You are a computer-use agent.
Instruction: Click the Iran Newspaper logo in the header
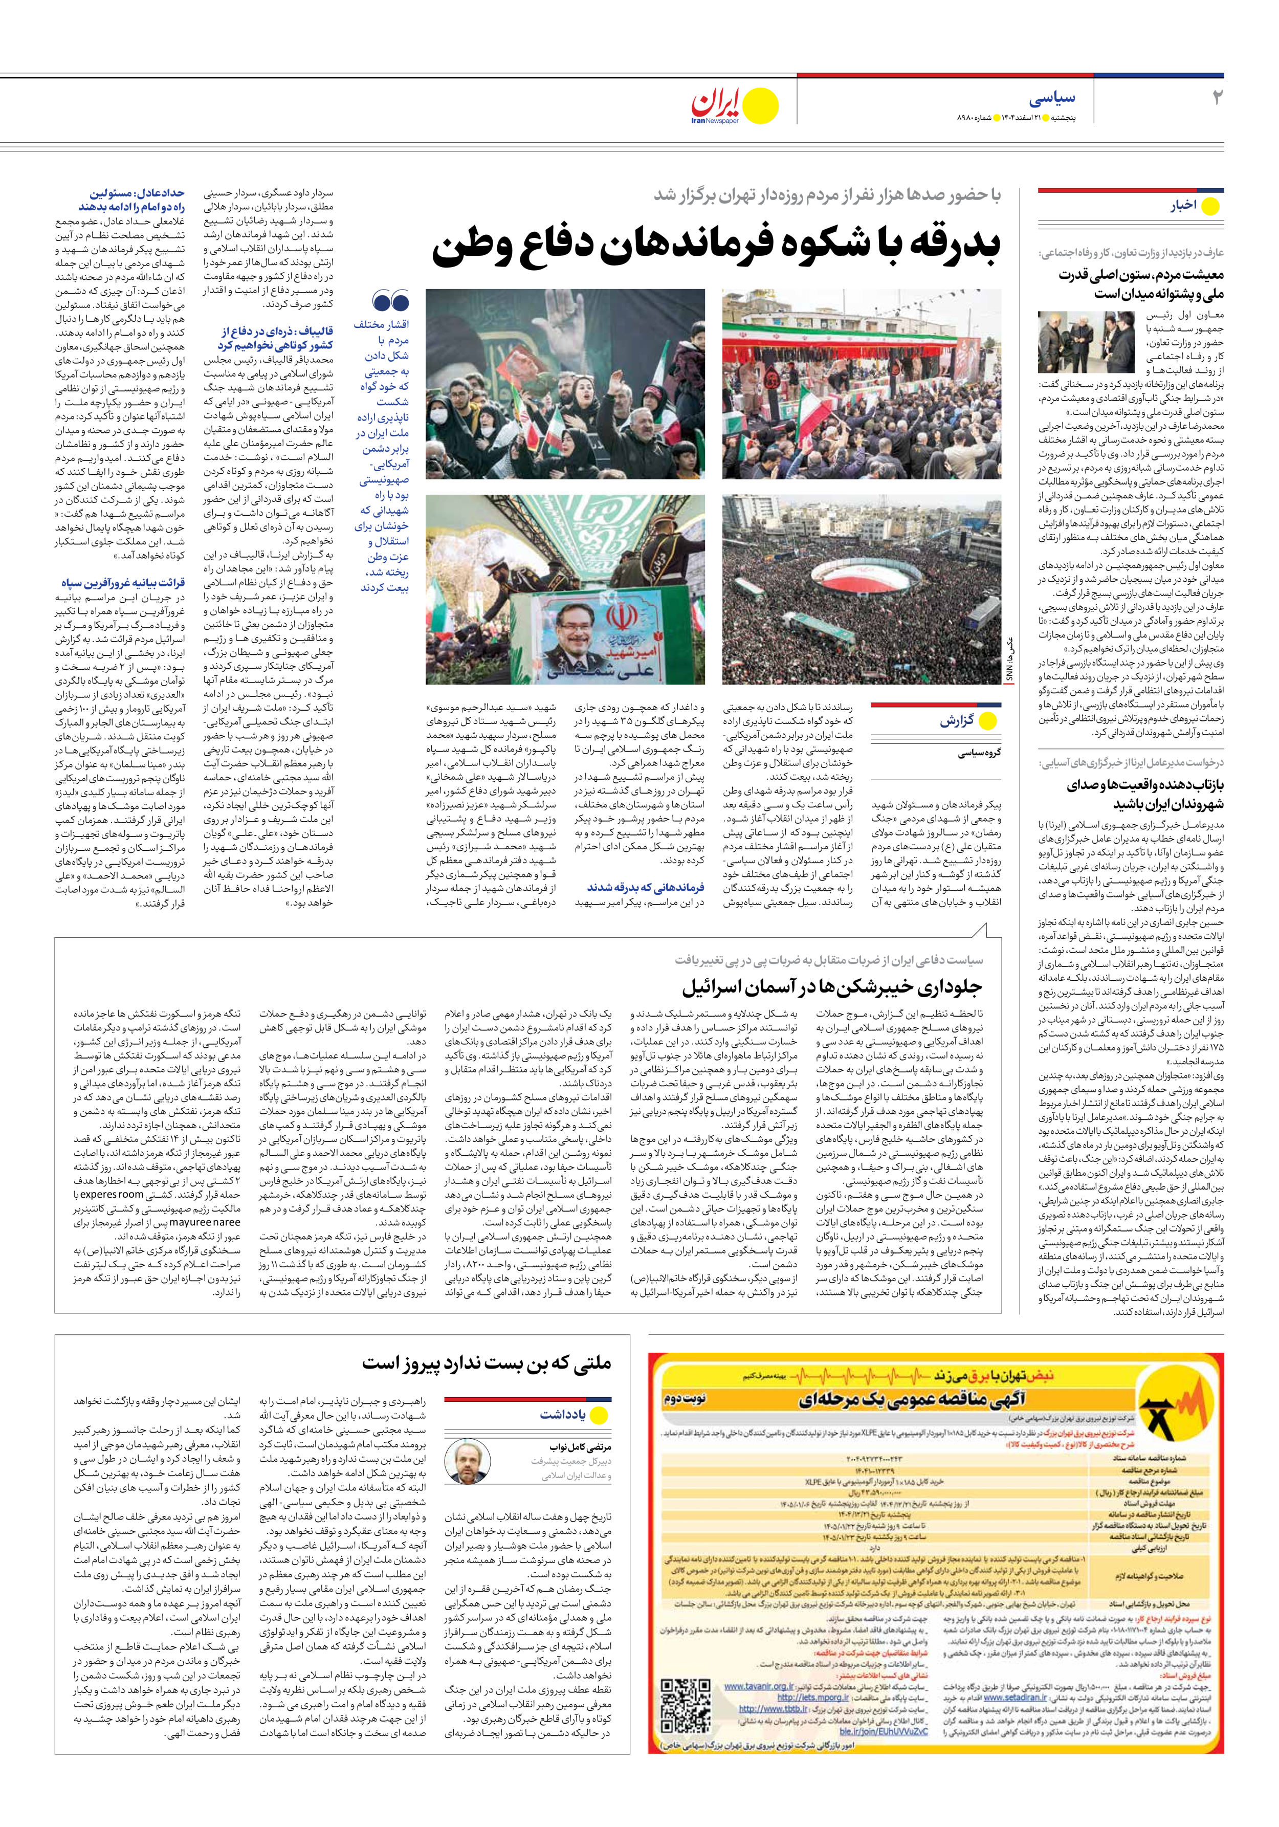click(x=733, y=106)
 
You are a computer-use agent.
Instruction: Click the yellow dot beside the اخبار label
click(x=1210, y=207)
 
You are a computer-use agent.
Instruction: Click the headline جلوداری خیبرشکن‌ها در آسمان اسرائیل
click(x=832, y=987)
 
